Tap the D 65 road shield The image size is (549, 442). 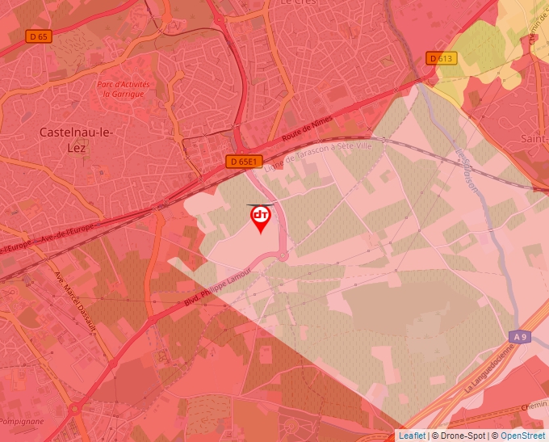pyautogui.click(x=38, y=36)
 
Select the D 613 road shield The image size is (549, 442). pyautogui.click(x=442, y=58)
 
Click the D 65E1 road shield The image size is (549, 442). pyautogui.click(x=244, y=162)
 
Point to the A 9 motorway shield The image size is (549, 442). pyautogui.click(x=521, y=336)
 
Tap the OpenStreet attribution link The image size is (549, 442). pyautogui.click(x=522, y=436)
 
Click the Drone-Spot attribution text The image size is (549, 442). pyautogui.click(x=462, y=436)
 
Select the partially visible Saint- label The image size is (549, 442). pyautogui.click(x=534, y=139)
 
